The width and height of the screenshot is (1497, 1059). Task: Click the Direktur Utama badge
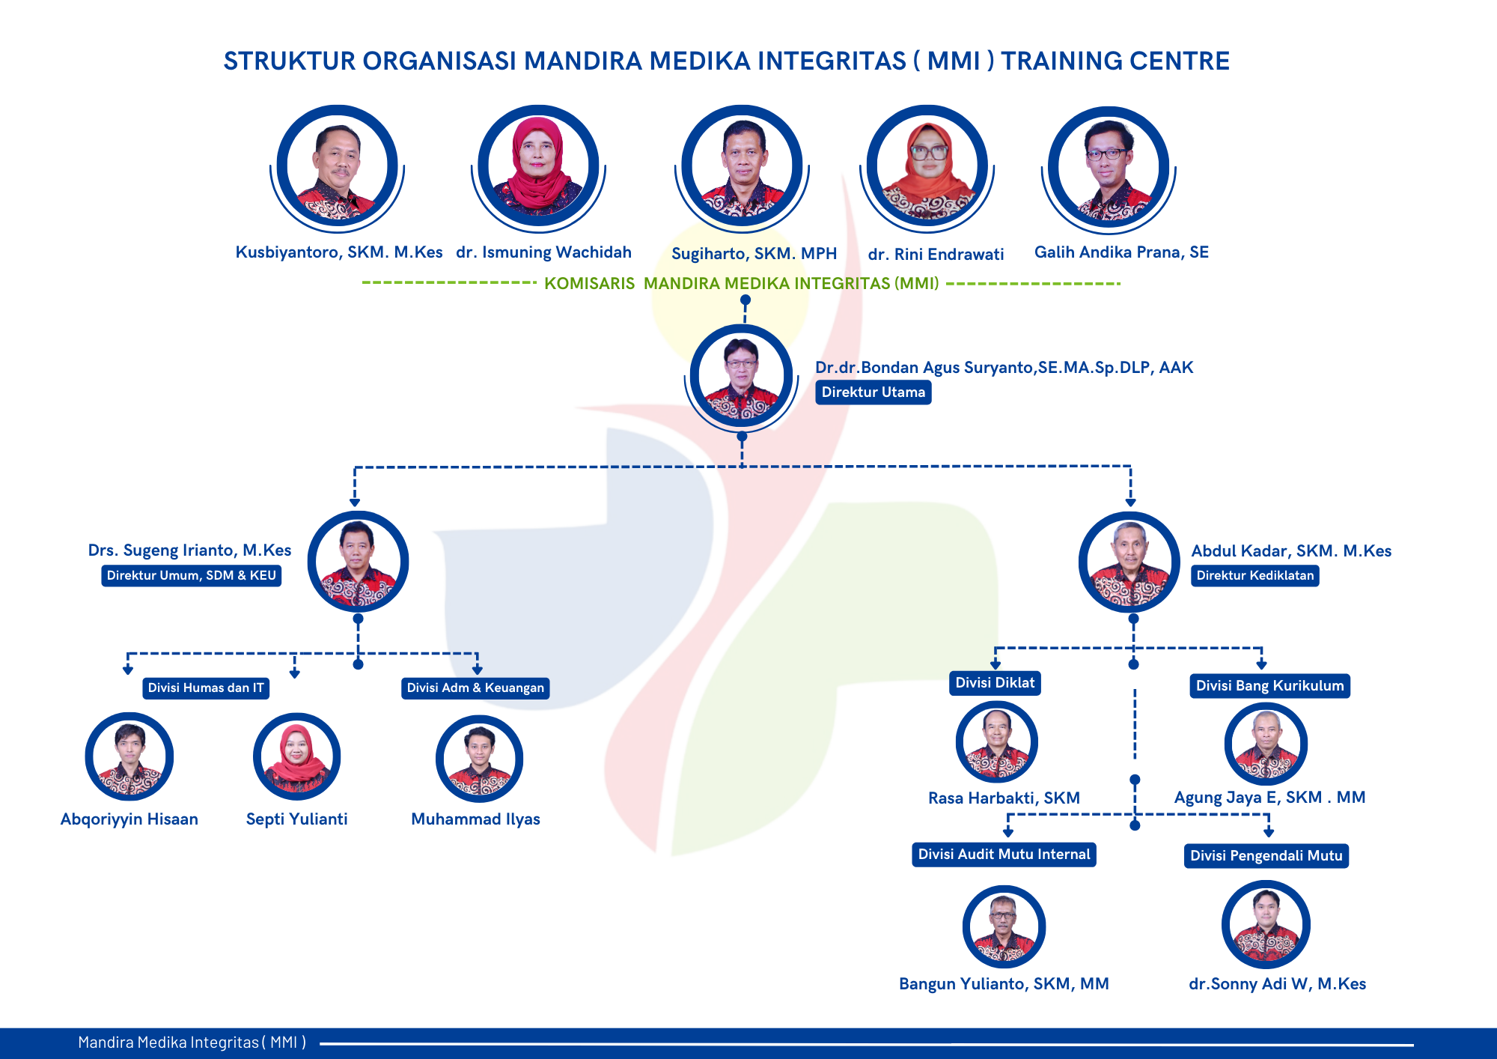(x=873, y=392)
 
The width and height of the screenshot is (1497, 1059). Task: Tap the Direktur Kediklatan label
(x=1255, y=575)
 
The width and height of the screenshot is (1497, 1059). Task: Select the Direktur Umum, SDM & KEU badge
(x=192, y=575)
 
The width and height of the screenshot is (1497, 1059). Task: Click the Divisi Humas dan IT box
(x=206, y=688)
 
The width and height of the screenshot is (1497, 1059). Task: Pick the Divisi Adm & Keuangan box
(x=475, y=688)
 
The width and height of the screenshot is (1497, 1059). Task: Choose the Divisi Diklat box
(x=995, y=683)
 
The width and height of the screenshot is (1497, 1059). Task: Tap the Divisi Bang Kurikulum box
(x=1270, y=686)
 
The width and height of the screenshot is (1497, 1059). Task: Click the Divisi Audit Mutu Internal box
(x=1004, y=855)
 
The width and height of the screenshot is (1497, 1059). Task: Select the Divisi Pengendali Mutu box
(x=1266, y=856)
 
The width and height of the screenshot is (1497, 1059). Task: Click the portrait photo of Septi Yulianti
(x=297, y=756)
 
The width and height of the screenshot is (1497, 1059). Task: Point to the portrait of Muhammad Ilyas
(x=480, y=759)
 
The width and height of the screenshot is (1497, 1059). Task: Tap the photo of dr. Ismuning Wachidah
(x=538, y=166)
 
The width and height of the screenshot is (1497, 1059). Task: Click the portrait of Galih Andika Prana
(x=1109, y=167)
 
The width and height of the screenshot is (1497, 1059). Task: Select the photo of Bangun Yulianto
(x=1004, y=926)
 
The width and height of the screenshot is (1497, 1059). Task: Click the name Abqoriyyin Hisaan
(x=129, y=819)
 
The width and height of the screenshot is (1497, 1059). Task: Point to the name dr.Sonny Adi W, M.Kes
(x=1278, y=984)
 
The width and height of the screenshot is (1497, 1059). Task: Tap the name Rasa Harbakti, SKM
(x=1004, y=798)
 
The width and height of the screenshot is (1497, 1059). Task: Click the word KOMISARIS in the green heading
(x=589, y=284)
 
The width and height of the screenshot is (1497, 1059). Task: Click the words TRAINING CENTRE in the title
(x=1115, y=61)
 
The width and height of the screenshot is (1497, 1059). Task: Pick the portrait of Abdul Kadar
(x=1129, y=562)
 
